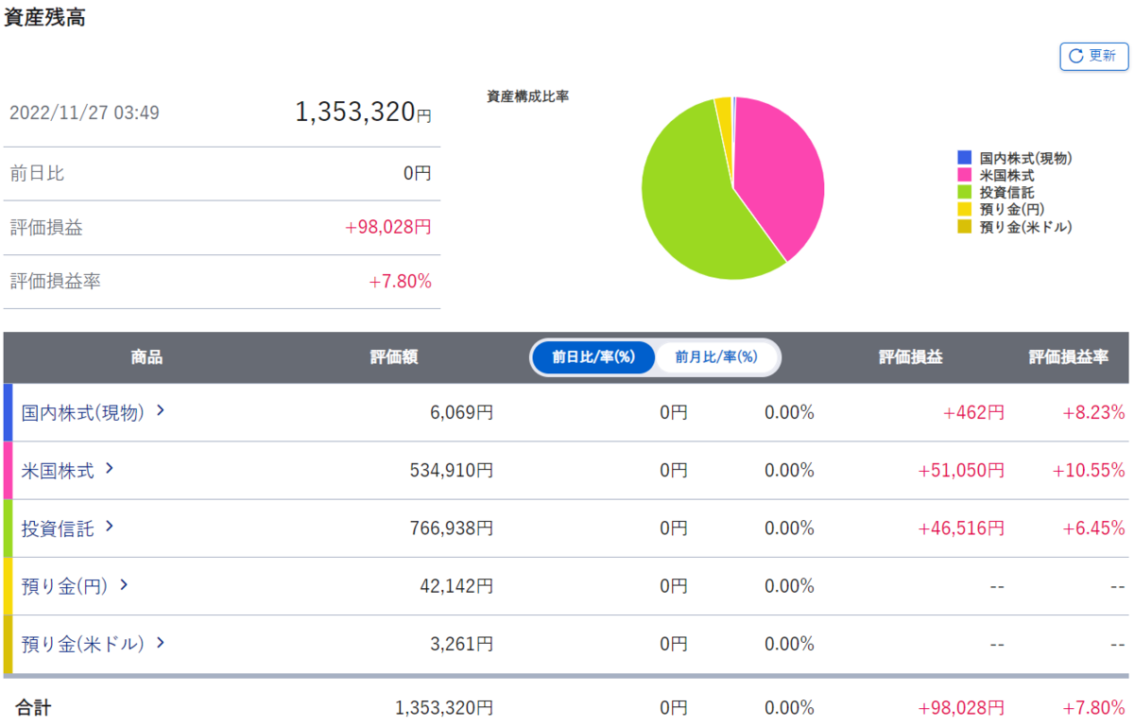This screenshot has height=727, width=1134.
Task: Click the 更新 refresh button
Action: click(1094, 56)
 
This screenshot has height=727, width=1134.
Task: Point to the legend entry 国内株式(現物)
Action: click(1015, 158)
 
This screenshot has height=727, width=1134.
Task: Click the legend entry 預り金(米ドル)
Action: click(1015, 227)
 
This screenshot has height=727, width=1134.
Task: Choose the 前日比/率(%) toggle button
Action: click(593, 357)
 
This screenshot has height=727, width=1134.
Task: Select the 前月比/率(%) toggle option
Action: click(716, 357)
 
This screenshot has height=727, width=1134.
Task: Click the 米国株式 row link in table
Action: click(67, 470)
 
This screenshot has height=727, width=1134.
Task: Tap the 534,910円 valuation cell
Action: click(451, 470)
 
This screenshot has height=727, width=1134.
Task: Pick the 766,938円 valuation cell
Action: click(451, 528)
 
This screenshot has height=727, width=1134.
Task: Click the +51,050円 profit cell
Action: click(961, 470)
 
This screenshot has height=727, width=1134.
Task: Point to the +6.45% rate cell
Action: click(1093, 528)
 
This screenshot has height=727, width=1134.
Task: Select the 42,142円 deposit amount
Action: click(456, 586)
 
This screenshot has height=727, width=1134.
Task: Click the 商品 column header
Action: click(146, 357)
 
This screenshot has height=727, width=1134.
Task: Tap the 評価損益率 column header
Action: click(1068, 357)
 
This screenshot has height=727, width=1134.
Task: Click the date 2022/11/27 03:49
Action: click(84, 113)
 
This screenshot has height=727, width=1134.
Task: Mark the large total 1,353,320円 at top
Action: click(363, 112)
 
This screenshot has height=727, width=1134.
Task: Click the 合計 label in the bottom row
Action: click(33, 707)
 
